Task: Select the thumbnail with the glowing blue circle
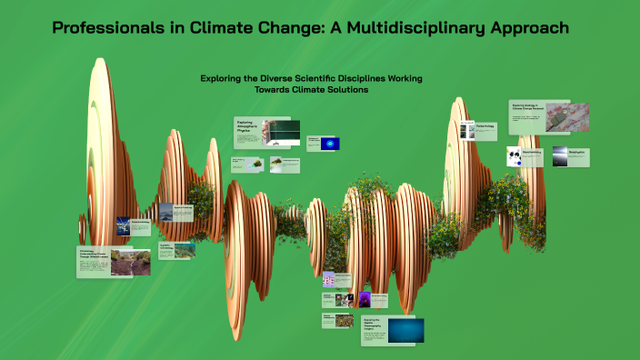pyautogui.click(x=330, y=144)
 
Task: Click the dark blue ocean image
pyautogui.click(x=405, y=330)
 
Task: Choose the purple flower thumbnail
pyautogui.click(x=365, y=299)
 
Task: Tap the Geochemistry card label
pyautogui.click(x=532, y=153)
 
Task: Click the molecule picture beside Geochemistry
pyautogui.click(x=515, y=156)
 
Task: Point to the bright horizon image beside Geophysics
pyautogui.click(x=560, y=156)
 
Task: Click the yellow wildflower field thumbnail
pyautogui.click(x=346, y=320)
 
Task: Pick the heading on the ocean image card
pyautogui.click(x=375, y=325)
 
